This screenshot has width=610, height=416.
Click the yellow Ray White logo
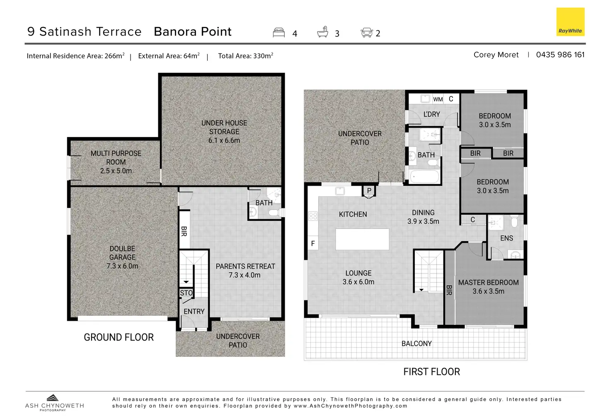tap(570, 22)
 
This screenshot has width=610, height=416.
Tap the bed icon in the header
tap(279, 32)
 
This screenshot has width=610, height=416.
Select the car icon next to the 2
tap(367, 32)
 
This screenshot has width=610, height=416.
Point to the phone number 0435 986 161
tap(560, 55)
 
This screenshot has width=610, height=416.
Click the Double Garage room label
tap(122, 257)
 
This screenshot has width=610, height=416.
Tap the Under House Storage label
tap(224, 132)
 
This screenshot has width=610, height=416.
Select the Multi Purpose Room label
tap(116, 162)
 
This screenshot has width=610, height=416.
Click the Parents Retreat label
tap(245, 271)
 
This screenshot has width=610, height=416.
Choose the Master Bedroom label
tap(488, 287)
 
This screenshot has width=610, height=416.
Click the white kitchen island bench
tap(362, 239)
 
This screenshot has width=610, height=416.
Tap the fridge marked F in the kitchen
tap(313, 243)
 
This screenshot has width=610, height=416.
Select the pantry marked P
tap(369, 191)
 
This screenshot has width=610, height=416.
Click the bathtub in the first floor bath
tap(424, 177)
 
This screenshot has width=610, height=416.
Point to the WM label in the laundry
tap(438, 99)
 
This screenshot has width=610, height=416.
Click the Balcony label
tap(416, 343)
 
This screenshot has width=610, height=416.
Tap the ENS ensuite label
tap(506, 238)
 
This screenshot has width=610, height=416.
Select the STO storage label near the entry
tap(186, 293)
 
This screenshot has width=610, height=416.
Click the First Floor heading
tap(432, 372)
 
